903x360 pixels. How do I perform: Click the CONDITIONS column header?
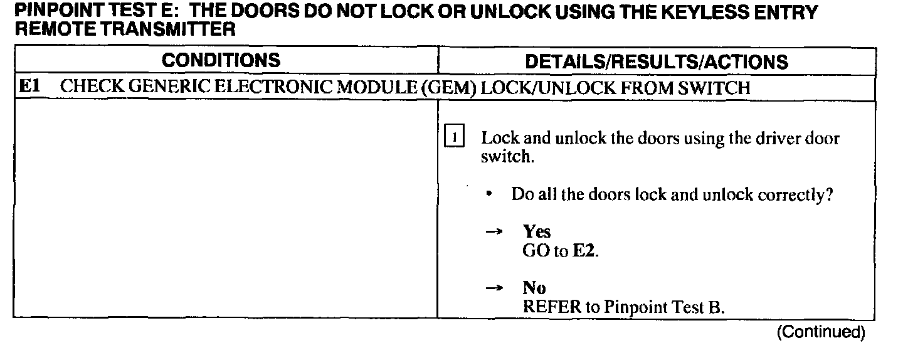(x=221, y=60)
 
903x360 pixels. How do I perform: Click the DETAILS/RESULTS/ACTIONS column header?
(x=657, y=61)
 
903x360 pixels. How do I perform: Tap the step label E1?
(x=30, y=87)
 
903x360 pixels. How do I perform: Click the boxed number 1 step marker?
(x=453, y=137)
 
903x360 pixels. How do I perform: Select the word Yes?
(x=537, y=232)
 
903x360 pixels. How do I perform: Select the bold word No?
(x=534, y=288)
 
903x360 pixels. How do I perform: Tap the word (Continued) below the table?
(x=820, y=332)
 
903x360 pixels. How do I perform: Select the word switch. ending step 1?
(x=507, y=157)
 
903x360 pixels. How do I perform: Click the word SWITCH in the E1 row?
(x=714, y=88)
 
